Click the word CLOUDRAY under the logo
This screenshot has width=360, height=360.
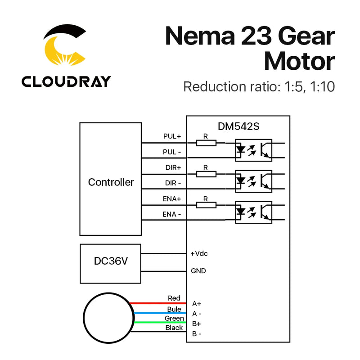click(66, 81)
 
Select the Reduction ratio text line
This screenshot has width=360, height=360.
click(259, 86)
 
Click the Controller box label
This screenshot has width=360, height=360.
click(111, 182)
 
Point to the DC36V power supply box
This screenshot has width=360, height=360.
click(111, 264)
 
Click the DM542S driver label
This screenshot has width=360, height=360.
click(238, 127)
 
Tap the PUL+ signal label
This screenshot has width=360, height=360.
click(172, 136)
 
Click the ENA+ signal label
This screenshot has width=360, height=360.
click(172, 198)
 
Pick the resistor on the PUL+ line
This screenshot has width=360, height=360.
click(206, 143)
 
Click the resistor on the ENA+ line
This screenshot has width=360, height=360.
click(206, 205)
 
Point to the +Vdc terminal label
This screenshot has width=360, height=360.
click(199, 254)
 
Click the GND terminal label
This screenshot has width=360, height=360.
click(198, 271)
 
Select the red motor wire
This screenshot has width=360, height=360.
click(157, 304)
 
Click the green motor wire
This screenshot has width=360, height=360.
click(157, 323)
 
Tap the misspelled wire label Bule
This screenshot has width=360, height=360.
click(174, 309)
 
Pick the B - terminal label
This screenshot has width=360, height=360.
click(197, 333)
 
